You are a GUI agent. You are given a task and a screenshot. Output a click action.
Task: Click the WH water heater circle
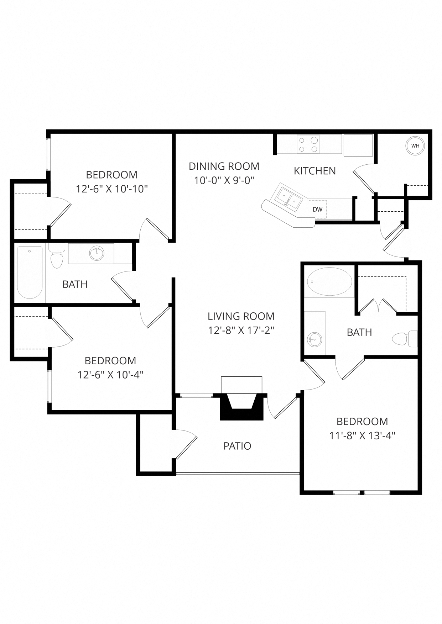(x=415, y=146)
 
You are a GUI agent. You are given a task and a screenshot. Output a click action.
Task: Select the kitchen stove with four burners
(x=308, y=144)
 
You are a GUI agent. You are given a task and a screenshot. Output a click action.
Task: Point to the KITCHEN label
(x=314, y=171)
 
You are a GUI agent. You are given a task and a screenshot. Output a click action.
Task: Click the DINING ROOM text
(x=224, y=166)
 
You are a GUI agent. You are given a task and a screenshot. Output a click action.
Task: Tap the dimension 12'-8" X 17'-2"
(x=241, y=330)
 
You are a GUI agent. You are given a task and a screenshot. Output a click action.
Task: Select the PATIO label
(x=237, y=446)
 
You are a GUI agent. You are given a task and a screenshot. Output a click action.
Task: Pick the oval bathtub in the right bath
(x=329, y=281)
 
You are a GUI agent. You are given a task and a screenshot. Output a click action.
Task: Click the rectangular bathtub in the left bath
(x=30, y=272)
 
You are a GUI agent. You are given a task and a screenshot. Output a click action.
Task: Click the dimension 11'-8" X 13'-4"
(x=362, y=435)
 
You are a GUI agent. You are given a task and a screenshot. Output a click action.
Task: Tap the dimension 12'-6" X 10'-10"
(x=111, y=189)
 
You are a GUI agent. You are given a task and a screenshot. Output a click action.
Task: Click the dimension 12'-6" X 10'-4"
(x=110, y=375)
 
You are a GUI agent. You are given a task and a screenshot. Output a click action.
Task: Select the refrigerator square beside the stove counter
(x=358, y=145)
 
